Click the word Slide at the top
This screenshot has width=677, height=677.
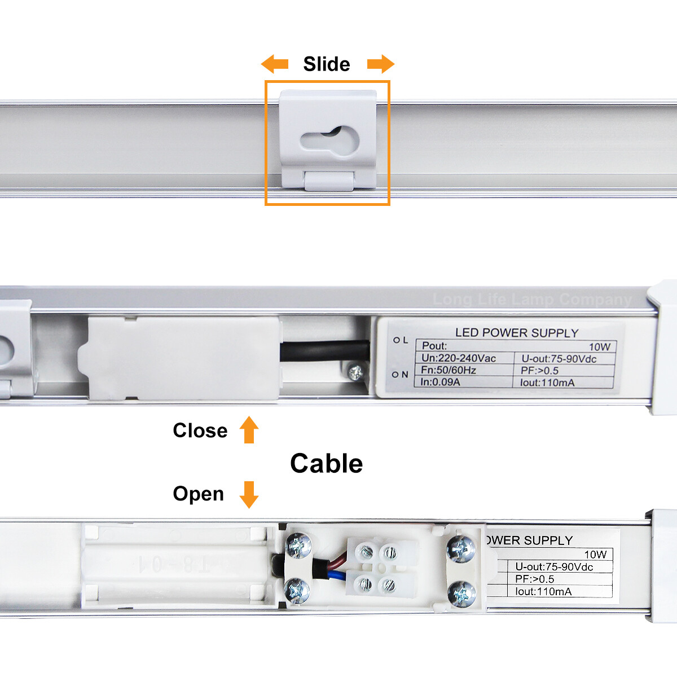[326, 64]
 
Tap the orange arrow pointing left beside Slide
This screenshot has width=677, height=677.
[275, 64]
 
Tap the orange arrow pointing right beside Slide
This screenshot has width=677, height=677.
[381, 64]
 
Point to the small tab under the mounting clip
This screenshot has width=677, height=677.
[329, 181]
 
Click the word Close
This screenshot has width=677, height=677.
[200, 430]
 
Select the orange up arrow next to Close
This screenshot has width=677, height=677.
[249, 430]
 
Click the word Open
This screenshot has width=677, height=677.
[198, 494]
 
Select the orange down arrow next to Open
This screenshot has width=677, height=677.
[249, 494]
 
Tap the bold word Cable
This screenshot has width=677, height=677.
[326, 464]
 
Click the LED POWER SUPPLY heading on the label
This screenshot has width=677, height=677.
[517, 333]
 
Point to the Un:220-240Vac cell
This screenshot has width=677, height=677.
[459, 358]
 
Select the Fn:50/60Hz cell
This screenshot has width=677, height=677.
[449, 370]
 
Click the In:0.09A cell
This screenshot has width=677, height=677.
[440, 382]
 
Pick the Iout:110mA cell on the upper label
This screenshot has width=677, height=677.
[547, 383]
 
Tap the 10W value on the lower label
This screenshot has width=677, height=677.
[595, 555]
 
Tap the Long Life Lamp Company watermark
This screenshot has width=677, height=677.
[532, 300]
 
